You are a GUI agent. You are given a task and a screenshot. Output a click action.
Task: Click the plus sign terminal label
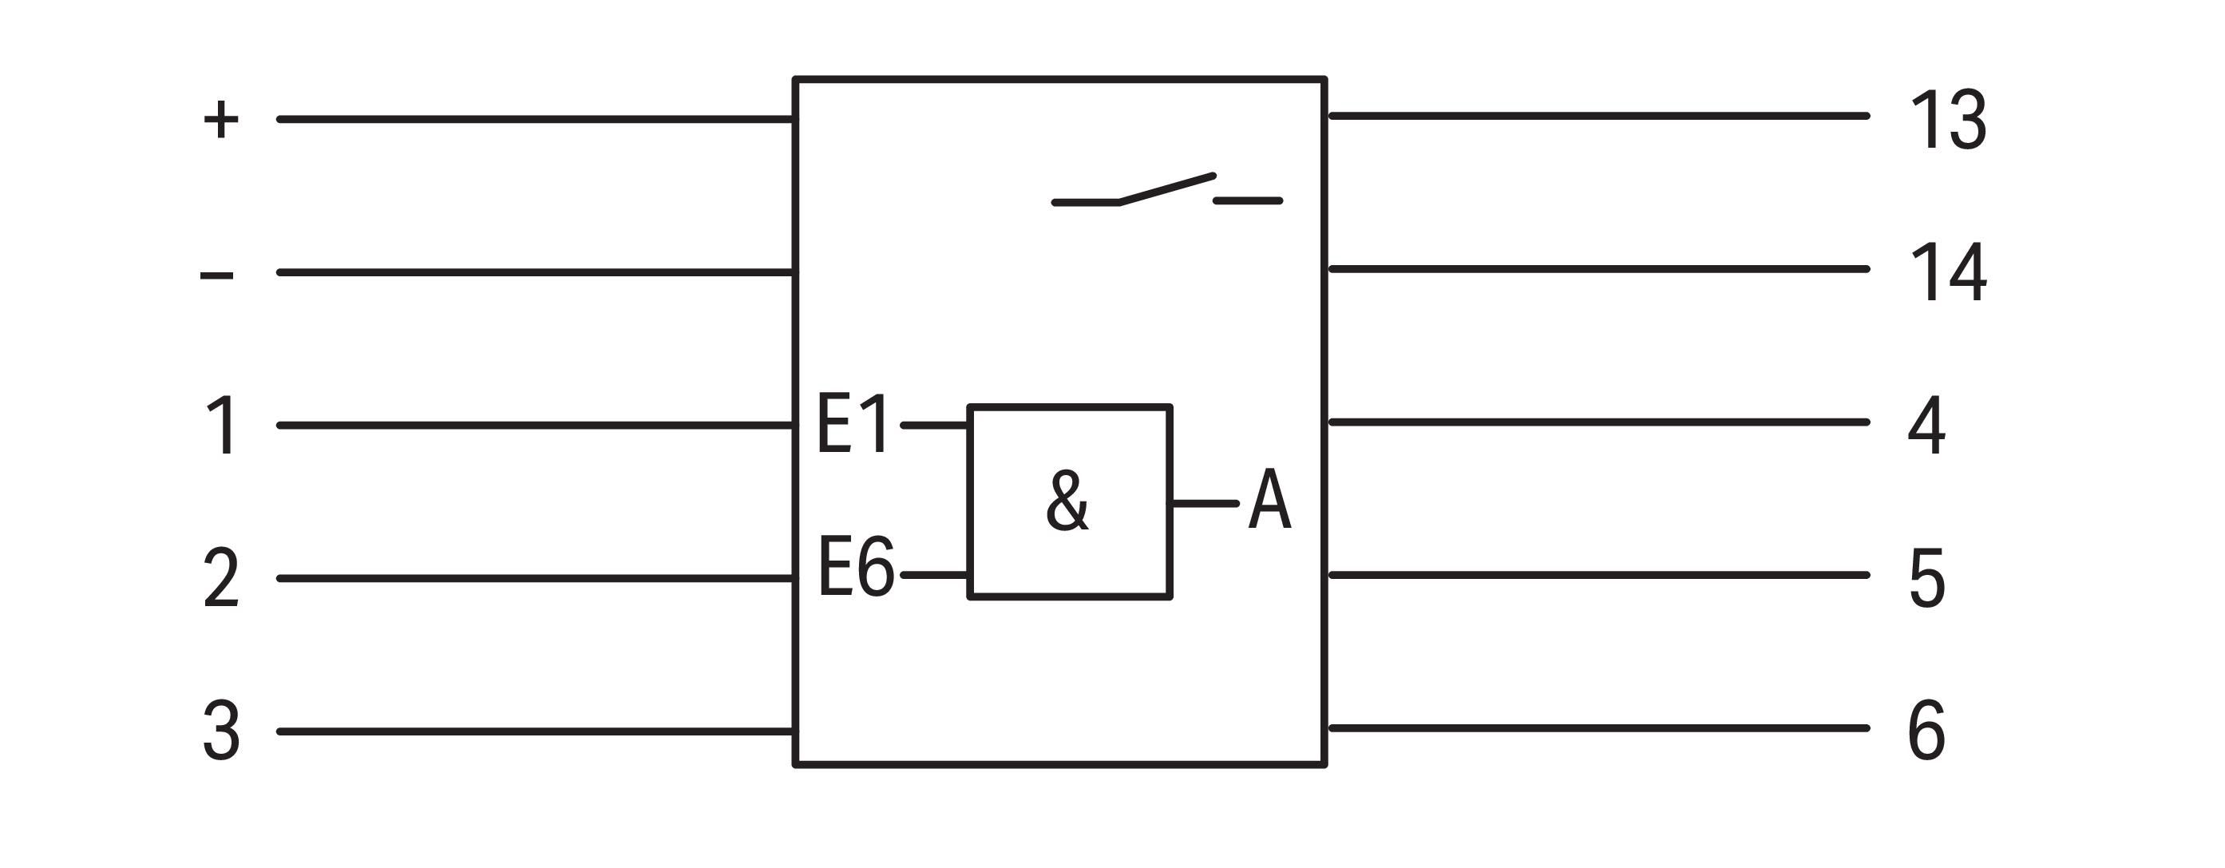(221, 119)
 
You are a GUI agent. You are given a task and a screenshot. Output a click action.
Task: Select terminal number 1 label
(224, 425)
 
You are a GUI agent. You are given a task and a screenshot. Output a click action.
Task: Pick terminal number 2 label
(221, 578)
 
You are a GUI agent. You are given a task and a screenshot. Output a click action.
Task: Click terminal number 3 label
(221, 731)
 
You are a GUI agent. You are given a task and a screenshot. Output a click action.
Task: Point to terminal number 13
(1949, 119)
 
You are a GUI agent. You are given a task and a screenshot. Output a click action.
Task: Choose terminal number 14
(1949, 273)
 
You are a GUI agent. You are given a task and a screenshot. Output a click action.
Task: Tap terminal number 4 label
(1926, 425)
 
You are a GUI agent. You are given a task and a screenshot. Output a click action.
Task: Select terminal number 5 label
(1927, 578)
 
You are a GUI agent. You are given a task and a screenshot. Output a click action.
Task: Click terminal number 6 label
(1926, 731)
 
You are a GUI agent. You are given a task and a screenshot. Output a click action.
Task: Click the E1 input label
(853, 423)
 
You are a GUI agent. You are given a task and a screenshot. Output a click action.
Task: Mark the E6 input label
(856, 567)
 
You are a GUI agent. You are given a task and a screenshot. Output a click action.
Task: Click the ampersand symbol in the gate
(1067, 500)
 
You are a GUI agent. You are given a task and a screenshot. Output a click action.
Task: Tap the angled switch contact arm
(1167, 189)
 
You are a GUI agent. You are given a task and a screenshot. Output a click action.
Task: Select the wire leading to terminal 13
(1599, 116)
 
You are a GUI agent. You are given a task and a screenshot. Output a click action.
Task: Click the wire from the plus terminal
(536, 119)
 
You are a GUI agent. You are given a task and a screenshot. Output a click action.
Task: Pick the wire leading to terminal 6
(1599, 728)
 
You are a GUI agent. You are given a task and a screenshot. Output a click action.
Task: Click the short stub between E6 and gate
(935, 574)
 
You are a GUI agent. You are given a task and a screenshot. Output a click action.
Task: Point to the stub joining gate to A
(1203, 502)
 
